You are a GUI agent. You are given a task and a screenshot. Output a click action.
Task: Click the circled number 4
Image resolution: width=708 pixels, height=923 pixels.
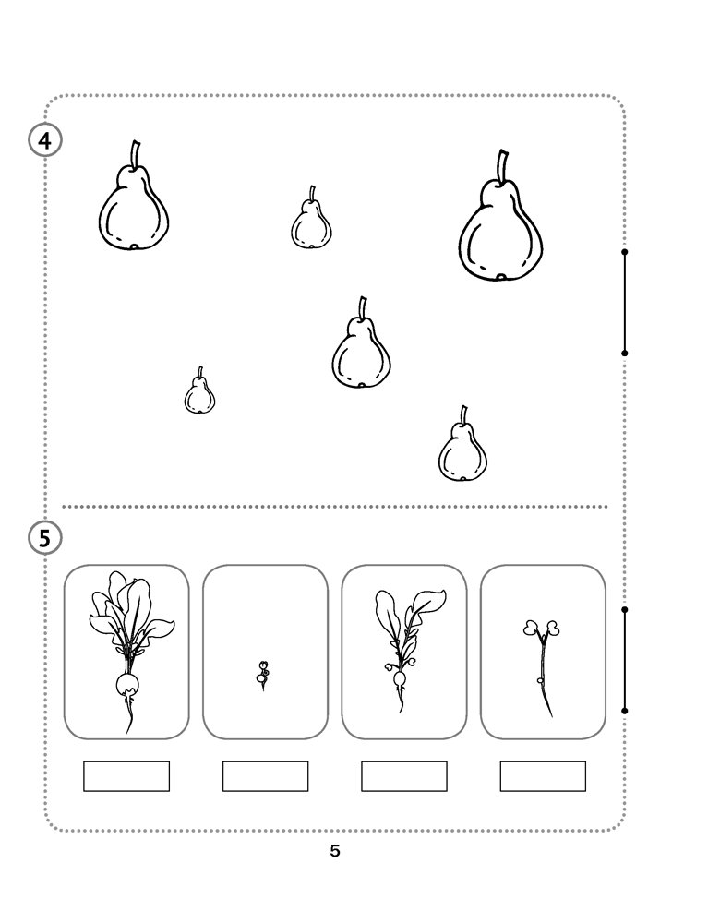point(44,140)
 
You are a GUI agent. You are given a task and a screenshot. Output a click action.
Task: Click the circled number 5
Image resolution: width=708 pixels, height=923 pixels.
point(44,538)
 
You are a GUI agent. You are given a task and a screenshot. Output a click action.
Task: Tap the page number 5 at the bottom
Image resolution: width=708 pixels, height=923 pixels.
point(335,851)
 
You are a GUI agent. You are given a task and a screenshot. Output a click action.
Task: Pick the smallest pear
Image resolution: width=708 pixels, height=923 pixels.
point(199,391)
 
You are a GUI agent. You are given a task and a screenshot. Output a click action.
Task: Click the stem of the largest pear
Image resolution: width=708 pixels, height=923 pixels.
point(503,166)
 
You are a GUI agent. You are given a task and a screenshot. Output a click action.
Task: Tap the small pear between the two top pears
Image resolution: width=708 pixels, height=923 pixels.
point(311,219)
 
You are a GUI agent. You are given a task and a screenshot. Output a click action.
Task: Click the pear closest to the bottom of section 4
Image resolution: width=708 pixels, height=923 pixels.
point(462,446)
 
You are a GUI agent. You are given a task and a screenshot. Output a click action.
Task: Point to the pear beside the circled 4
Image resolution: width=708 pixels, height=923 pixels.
point(134,198)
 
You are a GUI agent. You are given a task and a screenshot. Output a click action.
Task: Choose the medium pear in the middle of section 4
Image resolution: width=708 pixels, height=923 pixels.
point(361,344)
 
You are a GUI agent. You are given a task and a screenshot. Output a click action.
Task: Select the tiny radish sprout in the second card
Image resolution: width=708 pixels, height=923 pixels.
point(263,676)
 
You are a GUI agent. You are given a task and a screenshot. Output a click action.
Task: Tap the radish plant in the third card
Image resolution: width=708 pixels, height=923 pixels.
point(405,649)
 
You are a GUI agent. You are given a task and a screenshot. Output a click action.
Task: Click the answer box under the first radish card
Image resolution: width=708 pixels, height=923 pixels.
point(126,776)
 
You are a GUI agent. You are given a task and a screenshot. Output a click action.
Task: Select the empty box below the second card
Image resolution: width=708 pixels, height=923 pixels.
point(266,776)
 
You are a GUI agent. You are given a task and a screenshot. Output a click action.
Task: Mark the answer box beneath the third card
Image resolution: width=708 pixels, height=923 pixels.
point(404,776)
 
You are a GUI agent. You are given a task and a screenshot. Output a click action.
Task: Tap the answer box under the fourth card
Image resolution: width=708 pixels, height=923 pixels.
point(543,776)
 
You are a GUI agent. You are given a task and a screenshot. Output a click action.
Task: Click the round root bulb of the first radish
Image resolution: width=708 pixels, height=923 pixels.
point(127,685)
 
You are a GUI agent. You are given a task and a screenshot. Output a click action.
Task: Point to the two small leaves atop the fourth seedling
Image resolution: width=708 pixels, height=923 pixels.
point(542,628)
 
